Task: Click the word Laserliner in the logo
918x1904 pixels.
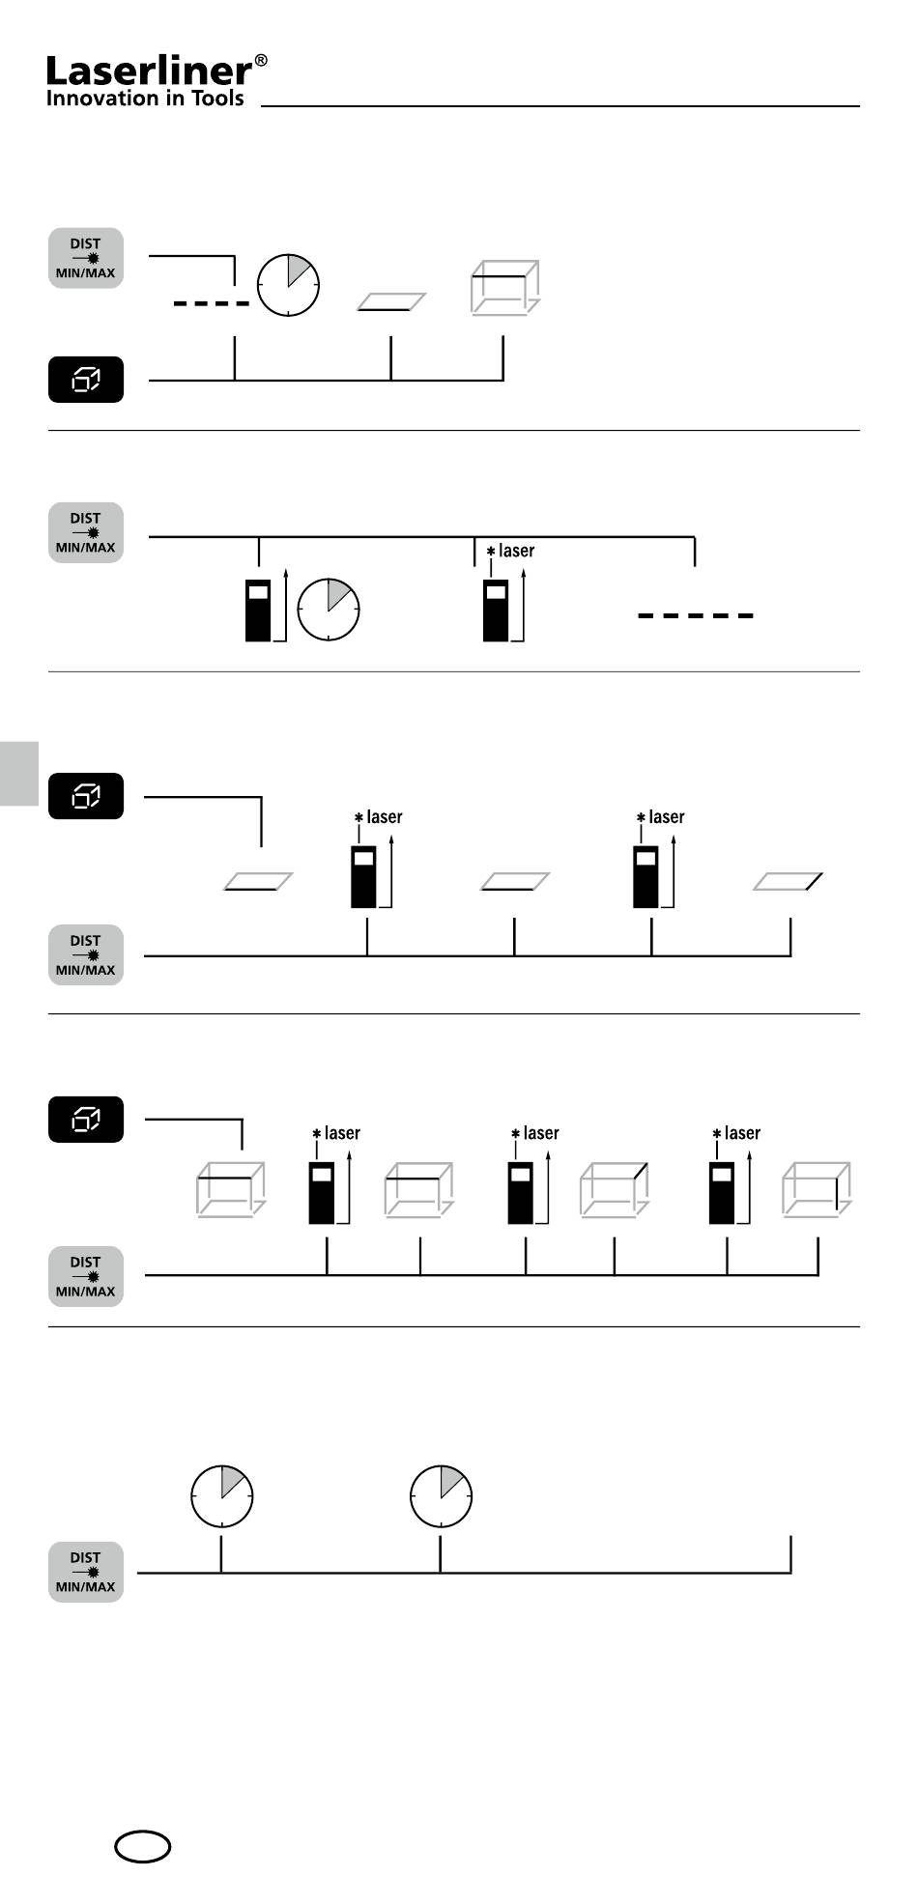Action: [149, 71]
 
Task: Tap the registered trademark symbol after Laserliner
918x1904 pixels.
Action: [261, 62]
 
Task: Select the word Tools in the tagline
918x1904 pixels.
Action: [214, 98]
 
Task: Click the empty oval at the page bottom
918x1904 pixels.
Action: [143, 1847]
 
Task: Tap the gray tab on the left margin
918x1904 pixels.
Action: [19, 773]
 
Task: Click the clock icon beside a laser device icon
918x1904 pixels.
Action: [329, 610]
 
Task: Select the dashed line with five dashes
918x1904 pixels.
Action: [696, 615]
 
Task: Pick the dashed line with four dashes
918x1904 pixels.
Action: [212, 304]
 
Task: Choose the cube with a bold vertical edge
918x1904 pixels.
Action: [817, 1189]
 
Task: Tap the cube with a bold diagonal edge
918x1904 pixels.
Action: [615, 1189]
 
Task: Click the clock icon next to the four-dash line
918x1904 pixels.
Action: [288, 285]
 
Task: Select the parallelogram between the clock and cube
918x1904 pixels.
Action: [391, 302]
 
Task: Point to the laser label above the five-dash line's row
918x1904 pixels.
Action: [510, 551]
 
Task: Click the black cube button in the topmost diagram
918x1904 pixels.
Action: [86, 381]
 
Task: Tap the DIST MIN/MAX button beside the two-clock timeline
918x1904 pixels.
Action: [86, 1572]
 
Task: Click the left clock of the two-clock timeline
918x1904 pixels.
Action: [221, 1495]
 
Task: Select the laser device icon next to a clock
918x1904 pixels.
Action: [258, 610]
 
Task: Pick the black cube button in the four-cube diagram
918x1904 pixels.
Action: [86, 1120]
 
